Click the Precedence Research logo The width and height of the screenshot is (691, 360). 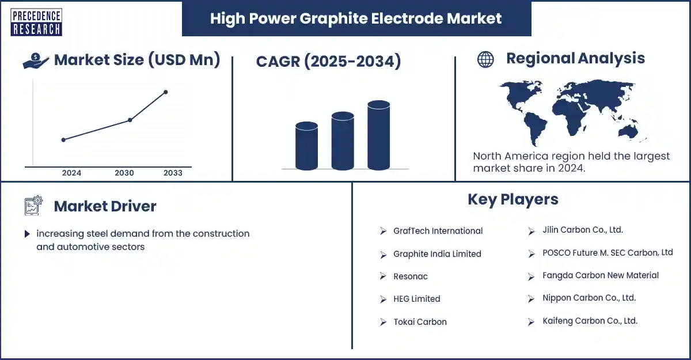coord(36,22)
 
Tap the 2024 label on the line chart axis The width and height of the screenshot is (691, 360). coord(71,173)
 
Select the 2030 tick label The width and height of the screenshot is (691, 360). coord(124,173)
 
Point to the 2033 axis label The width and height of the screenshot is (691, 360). coord(173,173)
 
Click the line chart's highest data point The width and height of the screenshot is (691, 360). coord(166,92)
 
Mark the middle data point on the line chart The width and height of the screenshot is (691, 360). coord(130,120)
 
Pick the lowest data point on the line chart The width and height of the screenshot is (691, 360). coord(63,140)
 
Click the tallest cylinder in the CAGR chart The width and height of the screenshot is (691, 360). coord(378,135)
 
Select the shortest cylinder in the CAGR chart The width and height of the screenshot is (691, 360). coord(306,146)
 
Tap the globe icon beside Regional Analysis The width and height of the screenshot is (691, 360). coord(485,59)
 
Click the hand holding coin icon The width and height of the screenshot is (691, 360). coord(36,60)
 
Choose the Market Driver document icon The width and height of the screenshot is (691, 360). coord(33,206)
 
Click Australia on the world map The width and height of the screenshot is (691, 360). coord(628,132)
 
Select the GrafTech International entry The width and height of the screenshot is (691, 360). coord(438,231)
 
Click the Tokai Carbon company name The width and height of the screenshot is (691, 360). coord(420,322)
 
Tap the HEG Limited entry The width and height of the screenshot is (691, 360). coord(417,298)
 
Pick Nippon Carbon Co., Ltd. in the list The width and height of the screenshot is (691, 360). coord(589,298)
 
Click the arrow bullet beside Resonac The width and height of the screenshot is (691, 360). coord(383,276)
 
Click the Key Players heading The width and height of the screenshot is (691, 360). coord(513,199)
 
